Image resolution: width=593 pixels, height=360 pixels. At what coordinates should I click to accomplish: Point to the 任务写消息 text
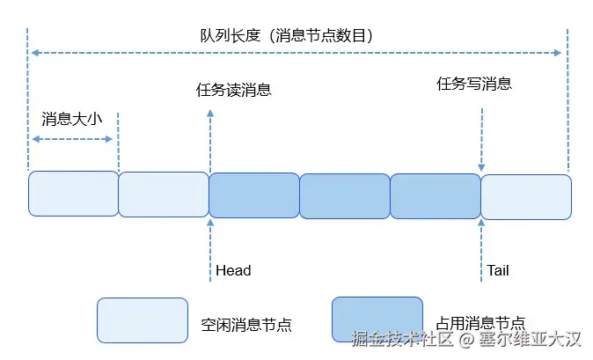point(474,84)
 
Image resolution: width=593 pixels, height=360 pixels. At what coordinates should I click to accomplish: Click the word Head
point(233,270)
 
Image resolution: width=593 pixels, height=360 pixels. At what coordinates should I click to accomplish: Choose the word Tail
point(498,270)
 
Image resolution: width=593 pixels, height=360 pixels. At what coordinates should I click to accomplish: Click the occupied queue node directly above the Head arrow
point(254,195)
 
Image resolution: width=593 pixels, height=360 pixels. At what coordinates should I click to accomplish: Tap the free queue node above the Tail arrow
point(526,195)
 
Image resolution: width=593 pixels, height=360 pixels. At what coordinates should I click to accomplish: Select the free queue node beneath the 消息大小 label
point(73,194)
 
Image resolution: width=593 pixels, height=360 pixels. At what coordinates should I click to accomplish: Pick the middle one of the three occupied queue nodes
point(345,195)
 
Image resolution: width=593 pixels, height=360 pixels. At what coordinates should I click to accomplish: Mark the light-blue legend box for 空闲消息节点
point(143,320)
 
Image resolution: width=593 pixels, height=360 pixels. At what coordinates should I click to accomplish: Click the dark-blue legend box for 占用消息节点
point(377,319)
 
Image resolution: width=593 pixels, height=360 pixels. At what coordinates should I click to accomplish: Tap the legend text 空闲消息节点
point(245,325)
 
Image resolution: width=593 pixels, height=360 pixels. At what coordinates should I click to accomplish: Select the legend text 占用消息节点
point(481,322)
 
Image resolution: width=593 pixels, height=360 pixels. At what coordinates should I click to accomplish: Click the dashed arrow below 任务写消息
point(481,139)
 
